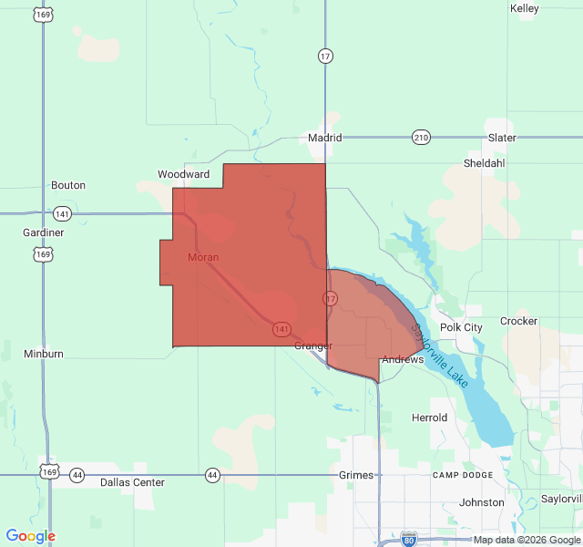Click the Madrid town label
tap(324, 138)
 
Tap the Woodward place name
tap(183, 174)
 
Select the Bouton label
tap(68, 185)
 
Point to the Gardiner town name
tap(44, 232)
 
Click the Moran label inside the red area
tap(203, 257)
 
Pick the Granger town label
tap(313, 346)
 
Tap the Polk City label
tap(461, 327)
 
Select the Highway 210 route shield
tap(420, 138)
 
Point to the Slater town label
tap(502, 138)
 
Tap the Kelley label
tap(525, 8)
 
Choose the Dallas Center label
tap(132, 481)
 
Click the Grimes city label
tap(356, 475)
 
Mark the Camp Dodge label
tap(463, 476)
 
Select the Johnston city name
tap(482, 502)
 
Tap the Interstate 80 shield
tap(409, 540)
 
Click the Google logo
tap(30, 536)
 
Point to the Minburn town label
tap(44, 353)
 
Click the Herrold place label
tap(429, 418)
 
